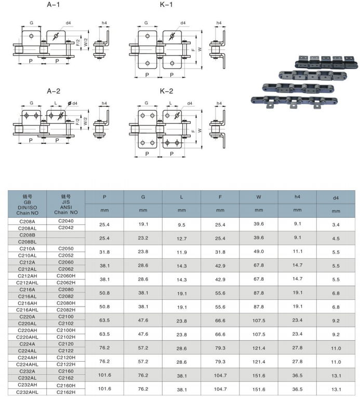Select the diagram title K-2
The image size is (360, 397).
point(167,91)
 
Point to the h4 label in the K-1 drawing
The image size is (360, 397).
point(219,23)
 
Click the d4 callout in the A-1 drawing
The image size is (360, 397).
point(69,23)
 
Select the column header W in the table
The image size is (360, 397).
point(258,197)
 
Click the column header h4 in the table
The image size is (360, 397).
point(297,197)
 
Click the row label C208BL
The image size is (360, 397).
point(28,242)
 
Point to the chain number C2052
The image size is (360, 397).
point(65,255)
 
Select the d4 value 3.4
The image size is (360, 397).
point(336,224)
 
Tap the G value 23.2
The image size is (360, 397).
point(143,238)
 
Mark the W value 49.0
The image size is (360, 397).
point(258,252)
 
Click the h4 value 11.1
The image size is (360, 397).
point(297,252)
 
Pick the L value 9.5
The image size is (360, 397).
point(181,224)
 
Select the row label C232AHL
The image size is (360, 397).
point(28,392)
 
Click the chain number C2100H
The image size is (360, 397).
point(65,329)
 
